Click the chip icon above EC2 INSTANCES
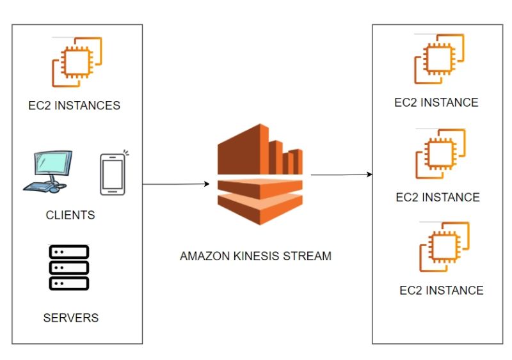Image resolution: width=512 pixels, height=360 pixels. (x=77, y=63)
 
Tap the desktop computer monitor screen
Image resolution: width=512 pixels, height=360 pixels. (x=53, y=166)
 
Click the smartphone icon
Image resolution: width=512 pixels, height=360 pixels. (x=112, y=175)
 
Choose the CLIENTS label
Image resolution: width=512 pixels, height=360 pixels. (x=70, y=215)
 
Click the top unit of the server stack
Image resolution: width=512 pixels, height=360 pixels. (x=69, y=252)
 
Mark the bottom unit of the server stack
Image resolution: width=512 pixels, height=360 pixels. (x=69, y=282)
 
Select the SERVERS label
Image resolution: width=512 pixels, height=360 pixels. (x=71, y=317)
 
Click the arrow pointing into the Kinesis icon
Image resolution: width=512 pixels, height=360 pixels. (x=176, y=184)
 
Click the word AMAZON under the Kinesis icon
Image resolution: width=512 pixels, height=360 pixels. (x=202, y=256)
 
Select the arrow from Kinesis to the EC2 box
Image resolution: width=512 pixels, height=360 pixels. (x=340, y=174)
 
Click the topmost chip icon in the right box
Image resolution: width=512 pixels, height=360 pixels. (x=440, y=59)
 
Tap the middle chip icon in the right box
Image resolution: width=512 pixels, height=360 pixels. (x=440, y=153)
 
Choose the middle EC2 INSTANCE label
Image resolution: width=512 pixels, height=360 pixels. (x=438, y=197)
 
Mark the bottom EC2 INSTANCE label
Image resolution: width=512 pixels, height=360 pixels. (x=442, y=290)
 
